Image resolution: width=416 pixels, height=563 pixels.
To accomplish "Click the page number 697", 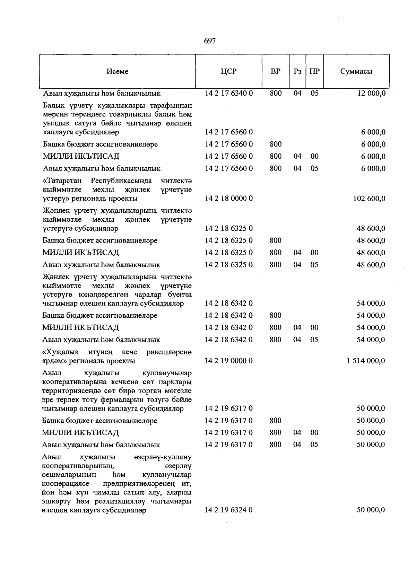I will click(x=210, y=41).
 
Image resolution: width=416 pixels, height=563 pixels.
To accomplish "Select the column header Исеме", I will click(x=118, y=71).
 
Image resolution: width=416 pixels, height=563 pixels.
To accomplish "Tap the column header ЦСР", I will click(x=228, y=71).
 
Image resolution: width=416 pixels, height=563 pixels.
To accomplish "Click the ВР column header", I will click(x=276, y=71).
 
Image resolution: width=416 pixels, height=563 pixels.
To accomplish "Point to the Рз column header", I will click(x=297, y=71).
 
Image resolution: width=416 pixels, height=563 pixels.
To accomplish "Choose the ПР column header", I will click(x=314, y=71).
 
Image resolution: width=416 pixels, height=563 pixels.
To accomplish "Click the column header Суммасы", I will click(x=356, y=71).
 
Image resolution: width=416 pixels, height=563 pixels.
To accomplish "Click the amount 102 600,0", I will click(x=369, y=199).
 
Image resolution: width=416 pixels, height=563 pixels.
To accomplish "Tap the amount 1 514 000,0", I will click(x=365, y=361).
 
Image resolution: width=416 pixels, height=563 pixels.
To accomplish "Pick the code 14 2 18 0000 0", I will click(x=229, y=199).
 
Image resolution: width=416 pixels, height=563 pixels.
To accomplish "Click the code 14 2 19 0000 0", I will click(x=229, y=361).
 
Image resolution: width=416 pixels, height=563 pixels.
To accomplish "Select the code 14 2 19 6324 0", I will click(x=229, y=510).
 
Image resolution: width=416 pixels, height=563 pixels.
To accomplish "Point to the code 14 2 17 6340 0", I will click(x=229, y=94).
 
